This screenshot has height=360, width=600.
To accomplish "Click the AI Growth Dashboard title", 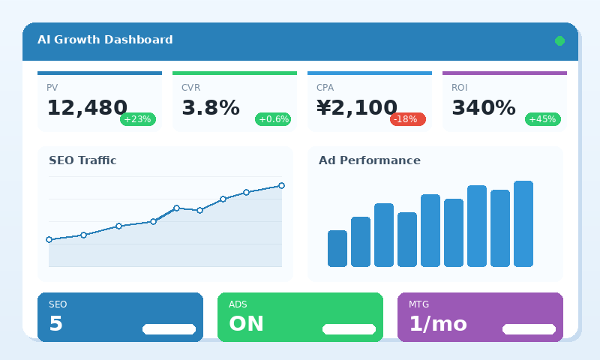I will pos(105,40).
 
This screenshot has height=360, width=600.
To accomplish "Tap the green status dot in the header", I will pos(559,40).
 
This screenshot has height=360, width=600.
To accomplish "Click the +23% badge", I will pos(138,119).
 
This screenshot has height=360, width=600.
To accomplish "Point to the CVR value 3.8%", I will pos(211,108).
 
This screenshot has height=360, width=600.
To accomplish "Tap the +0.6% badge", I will pos(273,119).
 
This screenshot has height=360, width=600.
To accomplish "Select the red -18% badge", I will pos(407,119).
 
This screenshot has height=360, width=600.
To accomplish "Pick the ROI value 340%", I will pos(484,108).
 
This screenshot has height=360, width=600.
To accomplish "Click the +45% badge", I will pos(543,119).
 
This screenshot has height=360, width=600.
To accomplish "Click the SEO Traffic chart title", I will pos(82,160).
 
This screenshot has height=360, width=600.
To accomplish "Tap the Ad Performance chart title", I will pos(370,160).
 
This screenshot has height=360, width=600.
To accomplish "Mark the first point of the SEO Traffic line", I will pos(49,240).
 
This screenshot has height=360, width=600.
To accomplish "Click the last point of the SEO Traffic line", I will pos(281,185).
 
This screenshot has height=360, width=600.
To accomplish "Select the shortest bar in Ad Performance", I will pos(337,248).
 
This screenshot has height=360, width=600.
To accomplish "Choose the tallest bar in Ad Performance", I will pos(523,223).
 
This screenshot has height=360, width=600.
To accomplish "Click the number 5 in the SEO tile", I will pos(56,324).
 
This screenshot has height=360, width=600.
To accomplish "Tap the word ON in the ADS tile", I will pos(246,324).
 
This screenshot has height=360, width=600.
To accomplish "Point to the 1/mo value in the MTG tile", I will pos(438,324).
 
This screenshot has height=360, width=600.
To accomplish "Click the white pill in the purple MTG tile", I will pos(529,329).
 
